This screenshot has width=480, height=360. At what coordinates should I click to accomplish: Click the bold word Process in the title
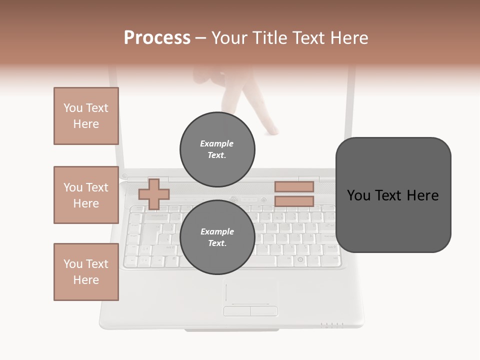coord(157,38)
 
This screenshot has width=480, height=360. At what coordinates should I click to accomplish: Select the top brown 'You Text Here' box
coord(86,116)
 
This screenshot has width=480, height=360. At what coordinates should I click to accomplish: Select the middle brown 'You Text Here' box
coord(86,195)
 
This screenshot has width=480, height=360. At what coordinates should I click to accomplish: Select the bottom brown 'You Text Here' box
coord(86,272)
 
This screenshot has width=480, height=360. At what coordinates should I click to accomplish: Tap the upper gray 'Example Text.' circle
coord(217,149)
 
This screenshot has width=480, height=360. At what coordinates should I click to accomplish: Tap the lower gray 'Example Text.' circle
coord(217,237)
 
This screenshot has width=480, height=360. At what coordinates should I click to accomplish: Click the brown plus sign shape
coord(153,194)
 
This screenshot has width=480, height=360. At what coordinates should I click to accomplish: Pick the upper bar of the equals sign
coord(294,186)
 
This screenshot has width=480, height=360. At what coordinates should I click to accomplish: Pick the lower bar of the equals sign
coord(294,201)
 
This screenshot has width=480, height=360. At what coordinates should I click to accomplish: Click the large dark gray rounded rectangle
coord(393,194)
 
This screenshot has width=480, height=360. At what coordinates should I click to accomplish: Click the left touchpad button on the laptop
coord(236,311)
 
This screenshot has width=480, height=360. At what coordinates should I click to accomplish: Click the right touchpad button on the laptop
coord(263,311)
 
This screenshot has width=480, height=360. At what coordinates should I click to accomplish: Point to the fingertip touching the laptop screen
coord(273,131)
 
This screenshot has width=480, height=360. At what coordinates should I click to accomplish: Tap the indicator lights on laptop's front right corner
coord(332,325)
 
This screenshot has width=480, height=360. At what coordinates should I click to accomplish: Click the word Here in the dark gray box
coord(423,195)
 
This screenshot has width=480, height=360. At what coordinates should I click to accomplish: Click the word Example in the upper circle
coord(216,143)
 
